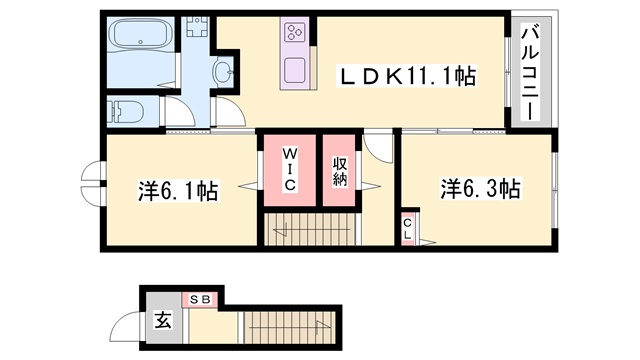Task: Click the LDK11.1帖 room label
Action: click(406, 76)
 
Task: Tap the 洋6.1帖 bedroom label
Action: click(178, 191)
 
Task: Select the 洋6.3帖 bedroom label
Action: click(480, 188)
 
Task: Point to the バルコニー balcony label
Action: click(531, 73)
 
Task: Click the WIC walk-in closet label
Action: click(290, 169)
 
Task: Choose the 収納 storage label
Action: click(340, 171)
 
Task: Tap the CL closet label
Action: click(407, 229)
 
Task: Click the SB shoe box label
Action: click(201, 300)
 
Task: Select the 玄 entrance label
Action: click(163, 319)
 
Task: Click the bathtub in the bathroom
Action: click(141, 34)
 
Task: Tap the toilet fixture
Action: click(124, 112)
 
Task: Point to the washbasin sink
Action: click(223, 73)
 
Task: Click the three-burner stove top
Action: click(295, 32)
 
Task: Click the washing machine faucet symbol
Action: click(198, 26)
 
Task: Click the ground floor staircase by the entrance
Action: click(289, 327)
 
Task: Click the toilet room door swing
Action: click(181, 111)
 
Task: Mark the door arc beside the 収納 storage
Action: click(378, 147)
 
